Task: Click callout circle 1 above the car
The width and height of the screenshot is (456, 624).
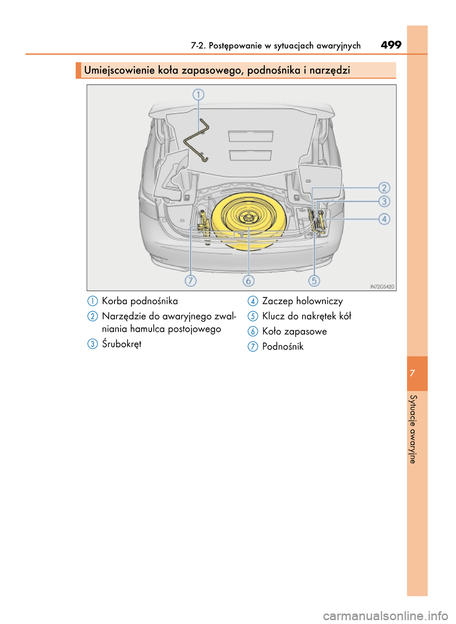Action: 198,95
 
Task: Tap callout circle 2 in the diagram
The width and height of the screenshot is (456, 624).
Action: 384,188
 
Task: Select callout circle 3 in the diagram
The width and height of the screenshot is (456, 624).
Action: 384,202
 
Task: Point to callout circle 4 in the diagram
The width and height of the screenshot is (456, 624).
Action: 384,219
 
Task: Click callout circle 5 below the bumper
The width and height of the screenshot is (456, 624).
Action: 314,280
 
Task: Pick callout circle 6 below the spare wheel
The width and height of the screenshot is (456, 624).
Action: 248,280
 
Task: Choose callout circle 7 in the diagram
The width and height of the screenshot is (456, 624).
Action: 190,280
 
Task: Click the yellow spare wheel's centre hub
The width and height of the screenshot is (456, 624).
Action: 248,218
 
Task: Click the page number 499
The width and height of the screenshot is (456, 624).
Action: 391,45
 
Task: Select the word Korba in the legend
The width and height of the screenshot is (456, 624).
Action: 114,301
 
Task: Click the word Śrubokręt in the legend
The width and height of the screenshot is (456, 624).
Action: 122,344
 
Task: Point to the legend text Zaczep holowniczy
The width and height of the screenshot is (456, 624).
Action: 302,301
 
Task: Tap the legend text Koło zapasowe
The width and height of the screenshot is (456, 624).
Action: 294,331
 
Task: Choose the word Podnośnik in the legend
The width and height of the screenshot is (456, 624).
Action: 283,346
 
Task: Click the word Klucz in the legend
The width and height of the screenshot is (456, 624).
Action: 274,316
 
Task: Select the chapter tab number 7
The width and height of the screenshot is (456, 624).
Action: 412,373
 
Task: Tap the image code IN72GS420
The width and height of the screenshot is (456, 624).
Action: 382,287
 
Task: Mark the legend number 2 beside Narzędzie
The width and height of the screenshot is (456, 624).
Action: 93,317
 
